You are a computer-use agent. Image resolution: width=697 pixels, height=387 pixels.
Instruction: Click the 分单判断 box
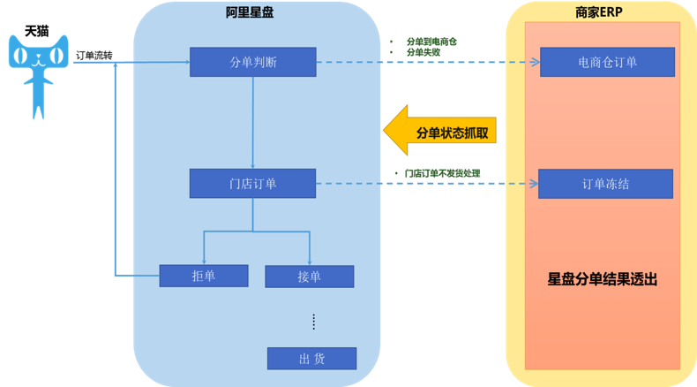(x=253, y=62)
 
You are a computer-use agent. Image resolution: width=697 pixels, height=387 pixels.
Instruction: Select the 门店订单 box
(x=252, y=184)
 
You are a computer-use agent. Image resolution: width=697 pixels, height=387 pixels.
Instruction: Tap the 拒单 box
(x=204, y=276)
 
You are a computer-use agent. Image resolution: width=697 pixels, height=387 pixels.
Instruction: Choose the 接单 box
(x=310, y=277)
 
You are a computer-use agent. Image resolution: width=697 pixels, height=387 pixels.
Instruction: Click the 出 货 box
(x=311, y=359)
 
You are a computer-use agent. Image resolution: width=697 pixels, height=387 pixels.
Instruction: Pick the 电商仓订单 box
(x=607, y=62)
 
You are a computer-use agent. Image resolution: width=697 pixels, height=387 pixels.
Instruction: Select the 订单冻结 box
(x=605, y=184)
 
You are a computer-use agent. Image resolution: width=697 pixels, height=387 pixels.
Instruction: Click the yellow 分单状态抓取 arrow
(x=439, y=131)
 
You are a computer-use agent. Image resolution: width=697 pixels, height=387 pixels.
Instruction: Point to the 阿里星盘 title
(x=250, y=12)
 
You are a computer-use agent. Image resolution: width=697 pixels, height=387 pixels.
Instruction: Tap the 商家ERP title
(x=599, y=12)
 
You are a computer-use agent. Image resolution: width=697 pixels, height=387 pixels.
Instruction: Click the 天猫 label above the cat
(x=37, y=31)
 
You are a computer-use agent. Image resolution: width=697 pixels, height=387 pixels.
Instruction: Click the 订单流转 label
(x=94, y=55)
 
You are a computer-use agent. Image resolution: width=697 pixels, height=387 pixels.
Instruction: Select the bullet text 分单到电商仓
(x=431, y=42)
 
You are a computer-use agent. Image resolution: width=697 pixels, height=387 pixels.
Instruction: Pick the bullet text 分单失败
(x=423, y=52)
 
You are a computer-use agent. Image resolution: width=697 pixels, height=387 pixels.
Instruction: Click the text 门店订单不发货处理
(x=442, y=173)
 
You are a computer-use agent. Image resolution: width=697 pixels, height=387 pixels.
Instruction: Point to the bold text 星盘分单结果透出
(x=603, y=279)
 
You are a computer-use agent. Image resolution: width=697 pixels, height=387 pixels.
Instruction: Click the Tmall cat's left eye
(x=19, y=57)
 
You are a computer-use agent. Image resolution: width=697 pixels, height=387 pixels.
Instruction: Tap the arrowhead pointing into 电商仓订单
(x=536, y=62)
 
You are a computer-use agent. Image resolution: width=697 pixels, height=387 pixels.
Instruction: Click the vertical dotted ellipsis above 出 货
(x=314, y=322)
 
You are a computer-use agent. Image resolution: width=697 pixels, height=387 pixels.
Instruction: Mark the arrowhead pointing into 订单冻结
(x=534, y=184)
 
